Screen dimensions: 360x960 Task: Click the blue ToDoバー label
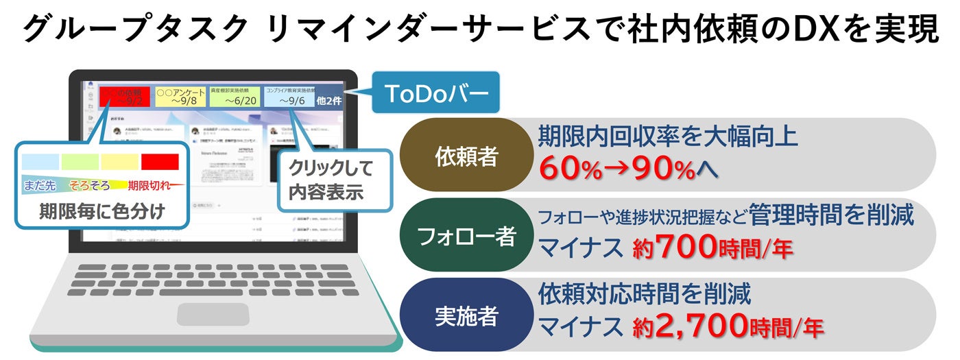(436, 93)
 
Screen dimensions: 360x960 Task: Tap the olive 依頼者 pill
(466, 157)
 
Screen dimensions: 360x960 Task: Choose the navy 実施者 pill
(466, 316)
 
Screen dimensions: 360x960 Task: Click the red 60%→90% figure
(617, 169)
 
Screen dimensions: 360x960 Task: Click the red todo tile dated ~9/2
(124, 97)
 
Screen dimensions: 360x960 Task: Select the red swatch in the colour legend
(160, 162)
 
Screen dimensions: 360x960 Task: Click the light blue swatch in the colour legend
(40, 162)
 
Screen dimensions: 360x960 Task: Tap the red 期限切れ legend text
(147, 185)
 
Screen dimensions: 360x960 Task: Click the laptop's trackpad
(203, 314)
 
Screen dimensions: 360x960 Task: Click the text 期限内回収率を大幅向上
(668, 136)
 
